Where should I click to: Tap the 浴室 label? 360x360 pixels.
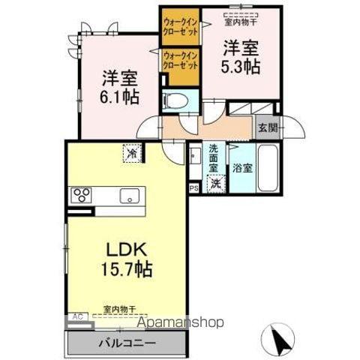pyautogui.click(x=241, y=168)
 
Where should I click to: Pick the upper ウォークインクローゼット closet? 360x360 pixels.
pyautogui.click(x=180, y=27)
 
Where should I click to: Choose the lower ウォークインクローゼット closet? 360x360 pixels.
pyautogui.click(x=180, y=60)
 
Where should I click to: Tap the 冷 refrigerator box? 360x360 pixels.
pyautogui.click(x=131, y=154)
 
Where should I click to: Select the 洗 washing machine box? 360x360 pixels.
pyautogui.click(x=215, y=182)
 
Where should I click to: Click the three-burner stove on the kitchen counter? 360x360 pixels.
pyautogui.click(x=81, y=196)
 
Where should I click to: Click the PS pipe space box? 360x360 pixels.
pyautogui.click(x=193, y=188)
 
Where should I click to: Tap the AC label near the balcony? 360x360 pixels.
pyautogui.click(x=75, y=317)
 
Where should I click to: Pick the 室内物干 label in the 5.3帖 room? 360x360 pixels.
pyautogui.click(x=241, y=12)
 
